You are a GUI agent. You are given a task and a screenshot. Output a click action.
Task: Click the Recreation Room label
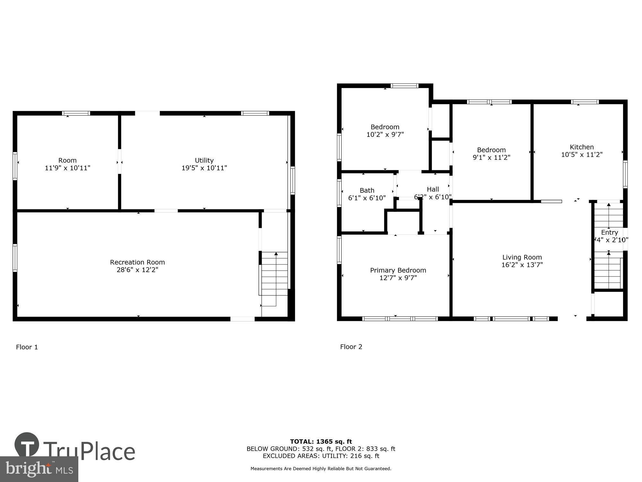137,262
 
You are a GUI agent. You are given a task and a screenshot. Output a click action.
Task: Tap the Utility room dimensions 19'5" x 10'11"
204,168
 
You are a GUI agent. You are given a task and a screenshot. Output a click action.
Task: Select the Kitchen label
582,147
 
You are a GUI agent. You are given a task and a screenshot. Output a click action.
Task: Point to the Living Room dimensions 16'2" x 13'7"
522,265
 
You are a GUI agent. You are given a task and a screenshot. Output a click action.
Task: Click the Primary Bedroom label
398,270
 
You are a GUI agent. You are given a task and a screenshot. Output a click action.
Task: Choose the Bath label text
367,190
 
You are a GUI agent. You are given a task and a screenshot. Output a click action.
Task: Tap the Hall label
433,189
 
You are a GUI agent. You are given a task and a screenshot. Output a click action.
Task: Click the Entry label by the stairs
609,232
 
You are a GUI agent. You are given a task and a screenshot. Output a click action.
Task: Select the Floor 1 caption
27,347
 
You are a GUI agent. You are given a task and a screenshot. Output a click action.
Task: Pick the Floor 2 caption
351,347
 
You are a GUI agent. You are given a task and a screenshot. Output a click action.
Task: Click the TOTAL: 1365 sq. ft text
321,442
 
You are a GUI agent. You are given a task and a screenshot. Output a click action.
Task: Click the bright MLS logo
39,469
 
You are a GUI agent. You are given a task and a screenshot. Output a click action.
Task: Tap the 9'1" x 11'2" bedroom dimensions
491,157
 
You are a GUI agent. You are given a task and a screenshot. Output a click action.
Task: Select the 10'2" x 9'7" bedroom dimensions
385,134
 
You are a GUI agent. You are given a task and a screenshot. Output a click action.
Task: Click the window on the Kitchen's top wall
585,102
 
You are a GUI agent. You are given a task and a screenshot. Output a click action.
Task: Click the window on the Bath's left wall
339,193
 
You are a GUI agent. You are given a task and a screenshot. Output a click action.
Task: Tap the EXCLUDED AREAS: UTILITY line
321,456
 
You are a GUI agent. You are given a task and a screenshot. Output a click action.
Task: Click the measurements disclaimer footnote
321,469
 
